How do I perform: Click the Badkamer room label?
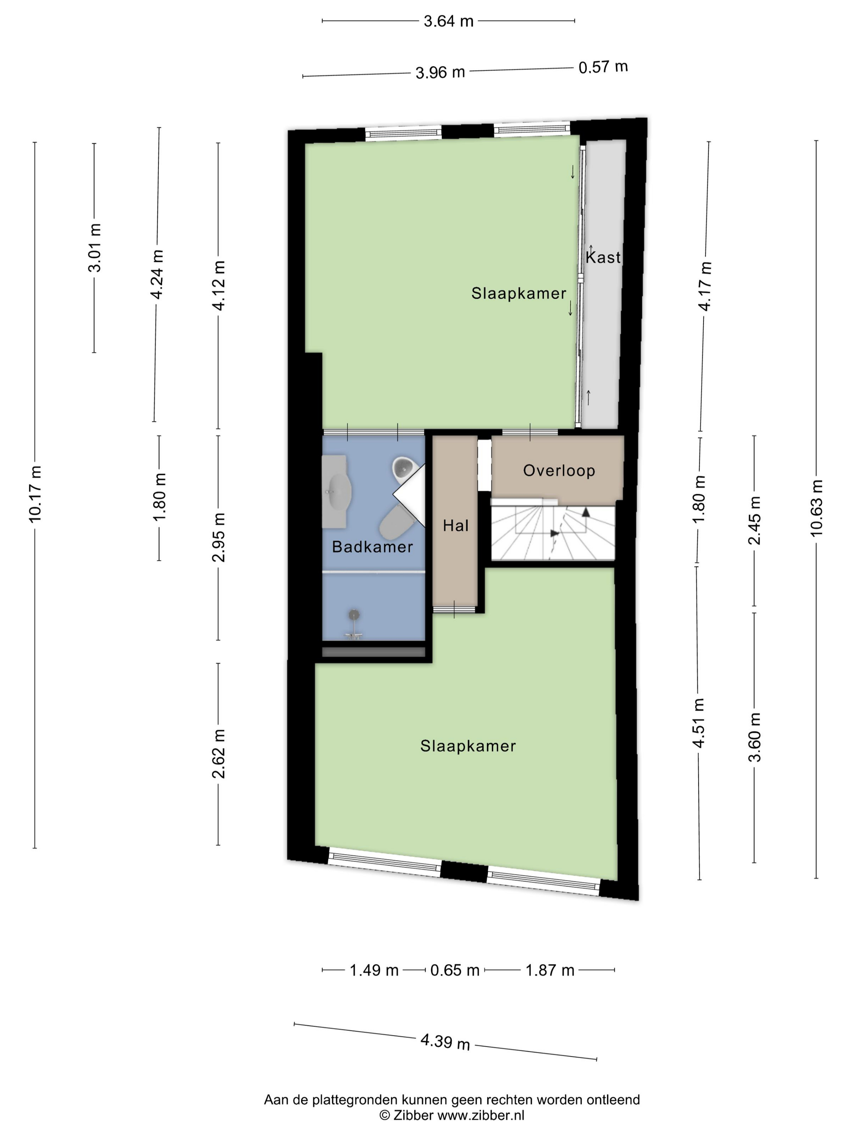(x=372, y=546)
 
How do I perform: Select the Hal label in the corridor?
(x=455, y=525)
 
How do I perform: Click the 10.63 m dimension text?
(x=816, y=508)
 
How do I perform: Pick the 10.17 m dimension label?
(x=35, y=494)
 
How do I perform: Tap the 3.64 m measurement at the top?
(x=448, y=21)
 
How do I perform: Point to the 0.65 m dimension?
(x=455, y=970)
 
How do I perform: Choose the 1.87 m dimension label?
(x=550, y=970)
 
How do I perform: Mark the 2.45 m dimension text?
(x=754, y=520)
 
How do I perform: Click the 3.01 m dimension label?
(x=94, y=248)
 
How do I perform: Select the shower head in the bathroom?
(x=353, y=614)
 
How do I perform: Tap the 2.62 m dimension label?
(x=218, y=754)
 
